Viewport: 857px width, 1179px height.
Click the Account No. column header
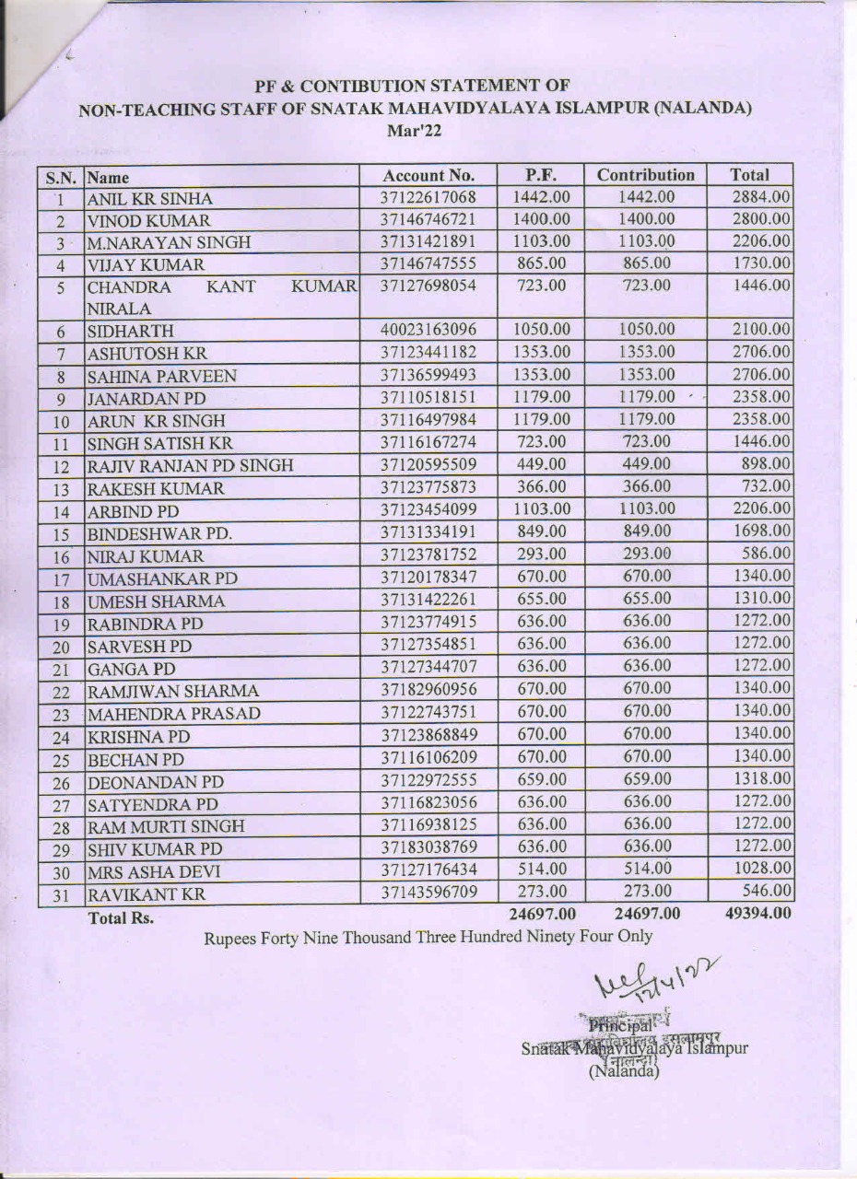pos(428,175)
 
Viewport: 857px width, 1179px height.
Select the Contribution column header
pos(645,174)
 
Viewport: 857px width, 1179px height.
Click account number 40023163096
pos(428,330)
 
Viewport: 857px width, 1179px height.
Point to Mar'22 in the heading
pos(415,132)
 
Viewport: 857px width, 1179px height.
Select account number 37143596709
pos(428,892)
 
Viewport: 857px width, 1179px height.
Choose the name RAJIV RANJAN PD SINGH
pos(190,467)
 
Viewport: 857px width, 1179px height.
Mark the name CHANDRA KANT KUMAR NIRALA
pos(221,297)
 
